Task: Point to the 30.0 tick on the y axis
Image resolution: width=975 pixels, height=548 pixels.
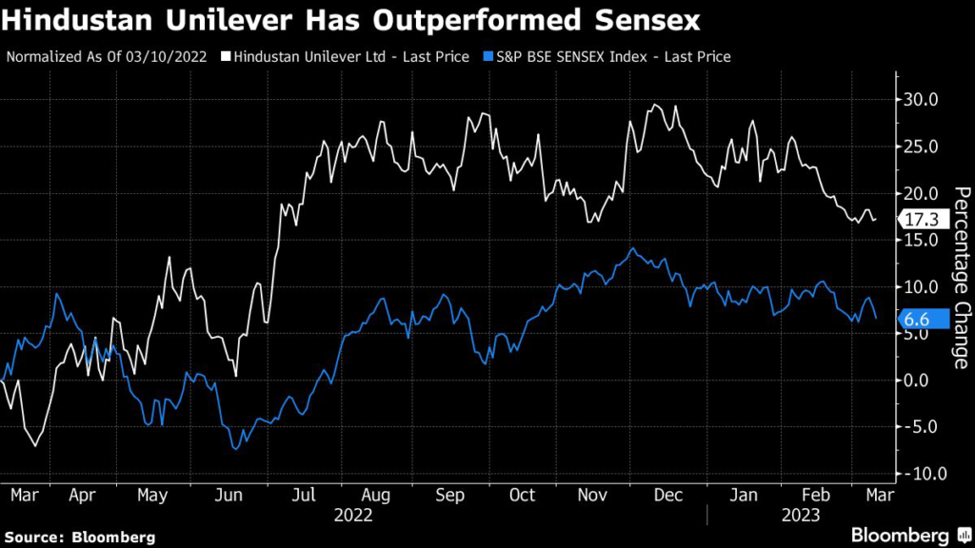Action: coord(921,100)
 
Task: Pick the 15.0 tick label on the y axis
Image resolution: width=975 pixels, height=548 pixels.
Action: coord(921,240)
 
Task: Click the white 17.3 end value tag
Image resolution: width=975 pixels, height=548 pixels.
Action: coord(920,220)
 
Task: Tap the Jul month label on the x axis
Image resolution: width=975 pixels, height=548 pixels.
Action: coord(304,495)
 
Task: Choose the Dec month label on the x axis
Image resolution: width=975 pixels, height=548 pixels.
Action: coord(671,495)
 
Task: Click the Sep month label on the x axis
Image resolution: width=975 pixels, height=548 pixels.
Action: coord(450,495)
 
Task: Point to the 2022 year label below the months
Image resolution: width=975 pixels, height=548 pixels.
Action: coord(353,515)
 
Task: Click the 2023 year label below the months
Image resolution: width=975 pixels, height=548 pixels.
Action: coord(802,515)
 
